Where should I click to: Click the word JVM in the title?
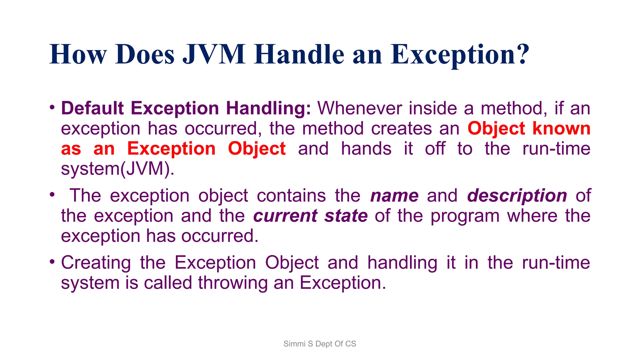tap(214, 55)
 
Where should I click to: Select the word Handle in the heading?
tap(299, 55)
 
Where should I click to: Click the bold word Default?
tap(92, 108)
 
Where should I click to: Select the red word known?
tap(561, 128)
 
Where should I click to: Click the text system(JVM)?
tap(117, 169)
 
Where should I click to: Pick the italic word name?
tap(394, 196)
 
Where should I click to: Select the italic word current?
tap(285, 216)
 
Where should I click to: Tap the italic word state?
tap(346, 216)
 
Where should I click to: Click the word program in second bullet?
tap(465, 217)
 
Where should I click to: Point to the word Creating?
tap(96, 263)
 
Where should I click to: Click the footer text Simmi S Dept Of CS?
tap(320, 344)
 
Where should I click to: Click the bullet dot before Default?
tap(52, 107)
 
